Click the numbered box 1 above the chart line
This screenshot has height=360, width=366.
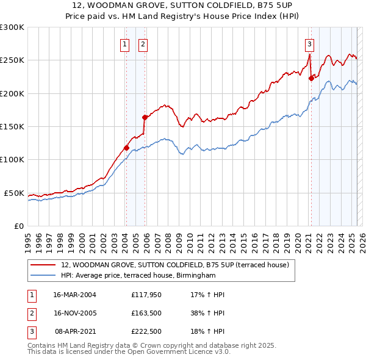[x=124, y=43]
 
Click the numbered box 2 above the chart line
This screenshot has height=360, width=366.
[x=143, y=43]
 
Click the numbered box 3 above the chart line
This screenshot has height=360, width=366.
[x=310, y=43]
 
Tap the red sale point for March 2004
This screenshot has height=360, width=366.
[x=126, y=148]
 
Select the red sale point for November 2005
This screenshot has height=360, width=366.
[x=145, y=117]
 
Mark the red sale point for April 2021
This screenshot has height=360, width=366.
[x=311, y=78]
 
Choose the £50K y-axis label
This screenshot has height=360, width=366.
[x=14, y=193]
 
